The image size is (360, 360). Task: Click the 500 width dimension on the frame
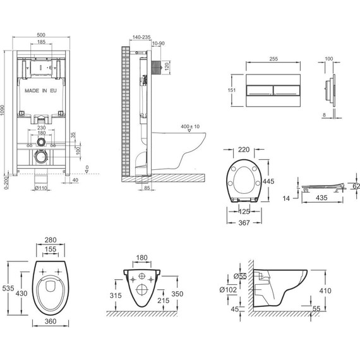pos(41,35)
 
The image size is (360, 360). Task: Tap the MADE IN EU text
pos(40,91)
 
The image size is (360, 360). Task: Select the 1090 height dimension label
pos(3,111)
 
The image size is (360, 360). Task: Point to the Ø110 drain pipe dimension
pos(41,188)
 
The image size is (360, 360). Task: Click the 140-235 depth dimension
pos(141,37)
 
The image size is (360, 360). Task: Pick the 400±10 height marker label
pos(190,126)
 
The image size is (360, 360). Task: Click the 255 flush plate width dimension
pos(273,59)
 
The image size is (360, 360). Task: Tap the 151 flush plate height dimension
pos(232,90)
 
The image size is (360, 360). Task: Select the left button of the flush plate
pos(260,90)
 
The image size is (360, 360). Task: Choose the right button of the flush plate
pos(287,90)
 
